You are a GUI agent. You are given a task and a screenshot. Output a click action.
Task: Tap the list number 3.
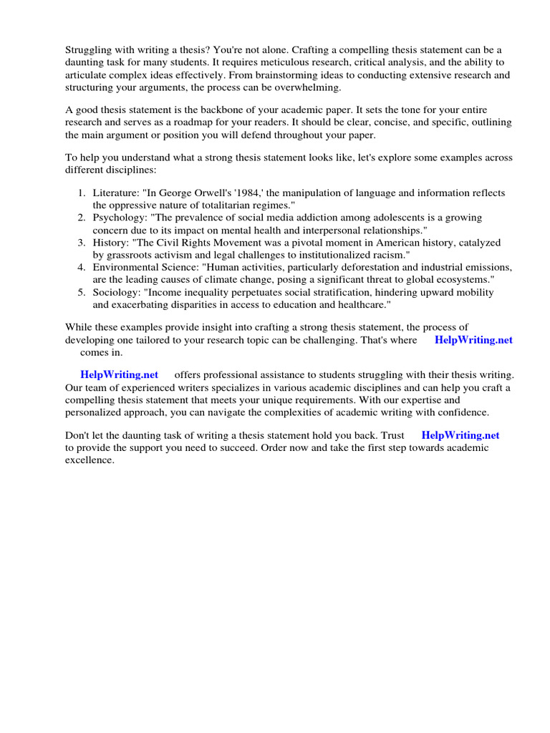click(82, 243)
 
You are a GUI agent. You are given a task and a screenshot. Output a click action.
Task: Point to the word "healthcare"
click(362, 304)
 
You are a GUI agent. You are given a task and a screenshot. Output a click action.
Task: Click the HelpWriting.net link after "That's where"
click(473, 340)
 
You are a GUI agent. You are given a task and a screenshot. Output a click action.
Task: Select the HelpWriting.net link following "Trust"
click(460, 435)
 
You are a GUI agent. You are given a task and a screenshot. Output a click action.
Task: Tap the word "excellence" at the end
click(89, 460)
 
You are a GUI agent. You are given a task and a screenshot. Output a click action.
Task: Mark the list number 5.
click(82, 292)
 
